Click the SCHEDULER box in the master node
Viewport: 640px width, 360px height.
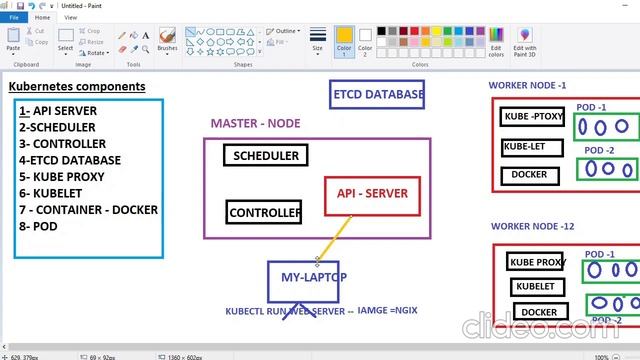266,156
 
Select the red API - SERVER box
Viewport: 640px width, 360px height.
372,194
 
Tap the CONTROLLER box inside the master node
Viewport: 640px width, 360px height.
264,212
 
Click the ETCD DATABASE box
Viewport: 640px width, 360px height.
377,95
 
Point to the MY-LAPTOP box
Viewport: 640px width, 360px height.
306,277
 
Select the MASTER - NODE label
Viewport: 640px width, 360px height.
255,123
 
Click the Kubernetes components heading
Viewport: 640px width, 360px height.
77,87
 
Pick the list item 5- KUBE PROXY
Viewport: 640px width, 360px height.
61,177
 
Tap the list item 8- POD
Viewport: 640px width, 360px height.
40,225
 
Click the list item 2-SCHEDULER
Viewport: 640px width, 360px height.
57,128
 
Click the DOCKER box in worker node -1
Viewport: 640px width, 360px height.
530,174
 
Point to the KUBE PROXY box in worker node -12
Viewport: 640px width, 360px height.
537,262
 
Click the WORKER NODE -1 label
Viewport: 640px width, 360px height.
527,85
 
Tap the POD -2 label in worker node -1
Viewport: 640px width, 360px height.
599,150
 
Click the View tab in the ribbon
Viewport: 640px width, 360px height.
70,17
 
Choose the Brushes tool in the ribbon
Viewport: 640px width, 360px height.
167,40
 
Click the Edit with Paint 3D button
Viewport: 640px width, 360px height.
525,41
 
